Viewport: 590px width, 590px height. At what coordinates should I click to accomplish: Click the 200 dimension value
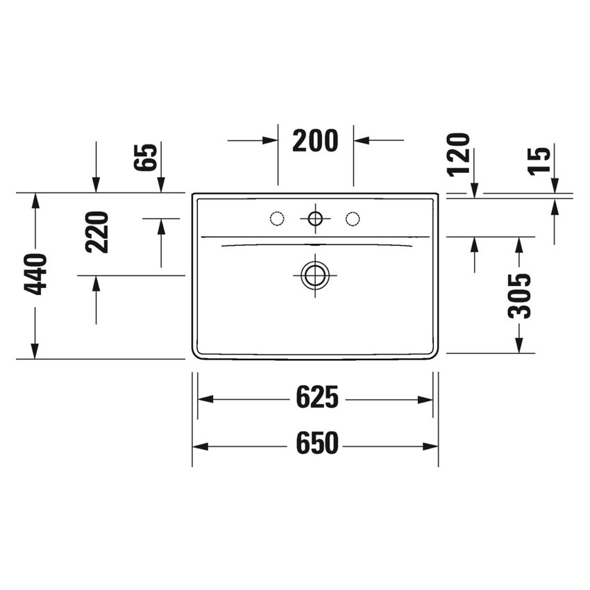(315, 140)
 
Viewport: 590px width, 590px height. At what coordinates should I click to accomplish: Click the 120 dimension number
(460, 154)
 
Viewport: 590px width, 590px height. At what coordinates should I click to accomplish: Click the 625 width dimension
(318, 399)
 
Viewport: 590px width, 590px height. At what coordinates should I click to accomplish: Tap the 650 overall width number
(317, 444)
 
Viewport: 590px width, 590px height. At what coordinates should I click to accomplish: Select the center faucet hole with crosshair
(315, 219)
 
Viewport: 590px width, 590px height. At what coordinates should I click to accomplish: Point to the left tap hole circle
(277, 219)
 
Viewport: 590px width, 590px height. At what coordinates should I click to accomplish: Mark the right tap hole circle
(353, 219)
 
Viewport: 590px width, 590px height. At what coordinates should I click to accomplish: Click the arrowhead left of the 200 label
(271, 140)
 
